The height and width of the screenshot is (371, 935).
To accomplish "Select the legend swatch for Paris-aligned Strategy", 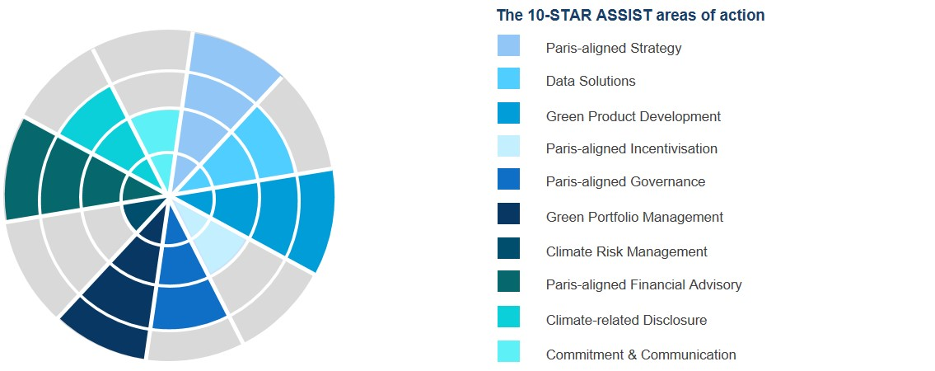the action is coord(508,46).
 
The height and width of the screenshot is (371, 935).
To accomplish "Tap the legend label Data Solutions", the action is coord(591,81).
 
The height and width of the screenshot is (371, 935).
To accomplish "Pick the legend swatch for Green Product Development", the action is coord(508,113).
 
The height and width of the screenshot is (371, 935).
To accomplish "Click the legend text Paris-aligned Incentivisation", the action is coord(632,148).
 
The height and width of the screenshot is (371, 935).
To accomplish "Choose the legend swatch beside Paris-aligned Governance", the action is coord(508,179).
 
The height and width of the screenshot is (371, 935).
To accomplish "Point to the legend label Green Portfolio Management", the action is coord(634,217).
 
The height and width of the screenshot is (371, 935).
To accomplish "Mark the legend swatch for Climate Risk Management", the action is coord(508,248).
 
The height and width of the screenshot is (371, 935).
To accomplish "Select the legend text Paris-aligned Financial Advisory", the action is coord(644,285).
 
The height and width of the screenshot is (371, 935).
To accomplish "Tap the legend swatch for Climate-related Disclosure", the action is coord(508,317).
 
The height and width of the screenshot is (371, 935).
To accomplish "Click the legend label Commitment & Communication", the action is coord(641,355).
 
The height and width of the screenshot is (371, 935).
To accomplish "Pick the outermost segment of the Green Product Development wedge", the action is coord(314,221).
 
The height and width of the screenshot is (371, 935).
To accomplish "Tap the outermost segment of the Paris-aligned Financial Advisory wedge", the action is coord(21,170).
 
